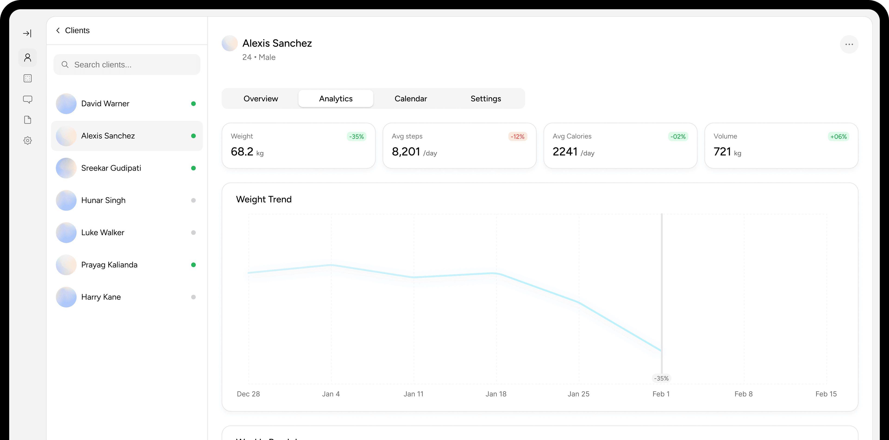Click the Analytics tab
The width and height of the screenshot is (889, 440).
pyautogui.click(x=335, y=99)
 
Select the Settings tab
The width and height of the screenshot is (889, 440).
pyautogui.click(x=485, y=99)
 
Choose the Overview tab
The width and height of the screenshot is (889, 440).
pyautogui.click(x=260, y=99)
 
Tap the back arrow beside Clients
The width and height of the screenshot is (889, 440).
pyautogui.click(x=58, y=30)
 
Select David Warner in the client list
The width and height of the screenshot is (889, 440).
pyautogui.click(x=105, y=103)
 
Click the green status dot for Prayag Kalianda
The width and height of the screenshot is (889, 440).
pyautogui.click(x=193, y=265)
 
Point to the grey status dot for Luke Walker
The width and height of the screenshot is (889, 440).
pyautogui.click(x=193, y=233)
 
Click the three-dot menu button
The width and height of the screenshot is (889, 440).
pyautogui.click(x=849, y=44)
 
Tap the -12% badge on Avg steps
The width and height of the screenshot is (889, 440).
pyautogui.click(x=517, y=137)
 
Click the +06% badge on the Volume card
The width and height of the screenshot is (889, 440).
pyautogui.click(x=838, y=137)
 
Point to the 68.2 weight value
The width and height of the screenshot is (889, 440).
pyautogui.click(x=242, y=152)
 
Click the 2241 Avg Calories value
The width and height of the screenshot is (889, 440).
pyautogui.click(x=565, y=152)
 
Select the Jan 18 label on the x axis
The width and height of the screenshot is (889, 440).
pyautogui.click(x=496, y=394)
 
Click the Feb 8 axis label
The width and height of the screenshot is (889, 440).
pyautogui.click(x=743, y=394)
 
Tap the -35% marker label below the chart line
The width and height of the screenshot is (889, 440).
pyautogui.click(x=661, y=378)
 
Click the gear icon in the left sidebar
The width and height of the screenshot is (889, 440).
pyautogui.click(x=28, y=140)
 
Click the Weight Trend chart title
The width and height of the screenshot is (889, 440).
pyautogui.click(x=264, y=200)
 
